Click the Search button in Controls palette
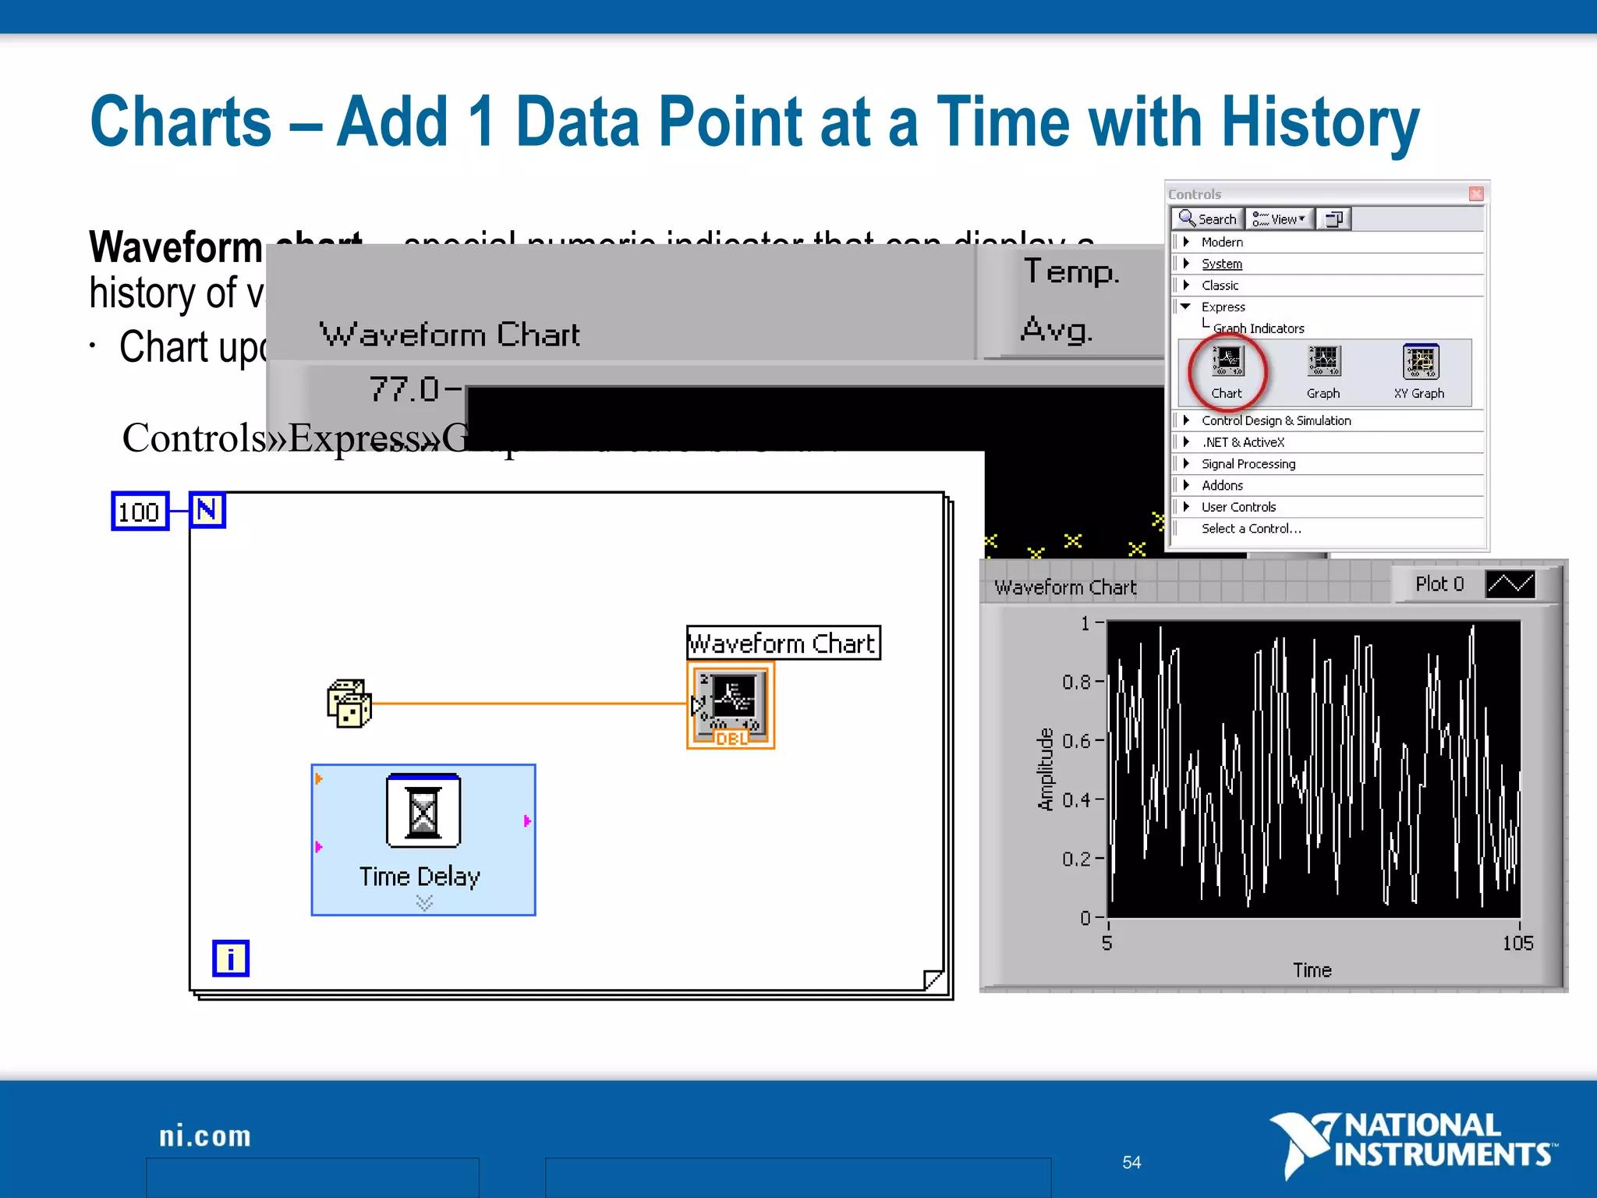[1207, 219]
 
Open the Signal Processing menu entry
[1248, 464]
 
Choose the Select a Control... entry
[1251, 529]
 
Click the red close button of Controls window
[1475, 194]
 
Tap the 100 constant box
[140, 512]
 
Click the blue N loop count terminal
[207, 511]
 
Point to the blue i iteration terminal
[231, 959]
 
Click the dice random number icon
[349, 704]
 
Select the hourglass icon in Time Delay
[423, 812]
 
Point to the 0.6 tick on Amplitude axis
[1077, 741]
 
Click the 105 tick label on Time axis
[1517, 944]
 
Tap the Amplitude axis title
[1045, 770]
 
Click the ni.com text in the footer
[205, 1136]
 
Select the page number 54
[1131, 1163]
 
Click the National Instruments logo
[1413, 1142]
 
